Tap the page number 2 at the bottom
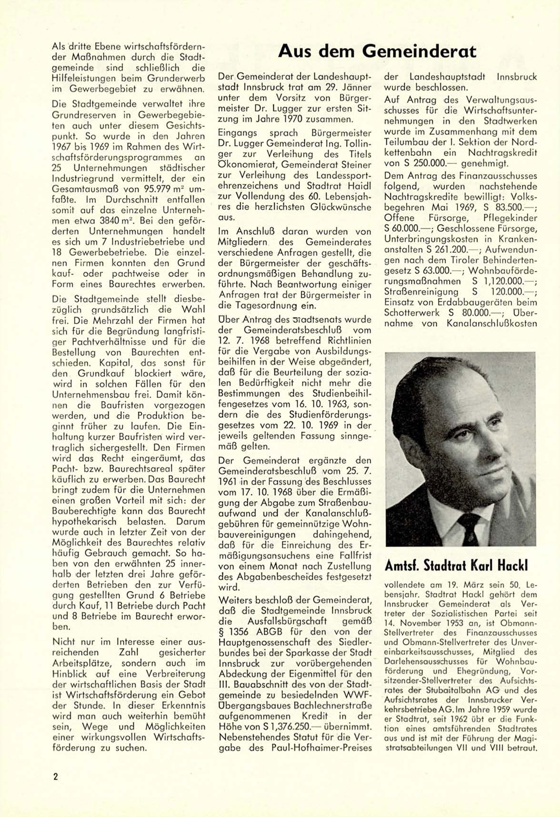coord(55,776)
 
